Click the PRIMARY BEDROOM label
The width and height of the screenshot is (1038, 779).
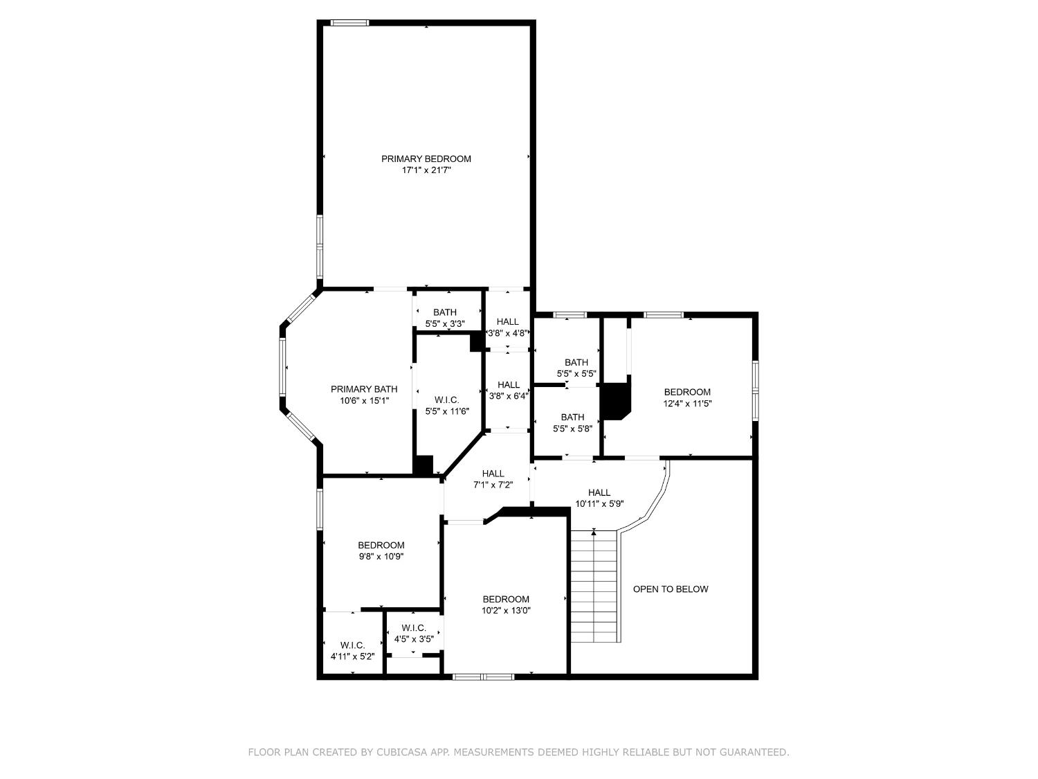[x=426, y=159]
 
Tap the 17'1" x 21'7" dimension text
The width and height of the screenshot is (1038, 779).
[x=426, y=170]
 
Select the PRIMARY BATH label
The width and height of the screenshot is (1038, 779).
[x=364, y=389]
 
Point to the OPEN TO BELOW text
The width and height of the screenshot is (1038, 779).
[x=671, y=589]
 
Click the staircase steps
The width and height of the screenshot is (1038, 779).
[x=594, y=586]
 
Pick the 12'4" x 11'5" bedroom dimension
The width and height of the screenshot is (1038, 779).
[x=688, y=404]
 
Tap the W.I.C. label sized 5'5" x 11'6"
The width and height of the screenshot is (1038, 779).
[x=447, y=400]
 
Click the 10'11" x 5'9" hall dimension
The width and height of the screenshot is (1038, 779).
[x=599, y=504]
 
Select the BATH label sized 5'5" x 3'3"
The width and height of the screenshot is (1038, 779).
[x=445, y=313]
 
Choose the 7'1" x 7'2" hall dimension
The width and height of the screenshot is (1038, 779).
[x=493, y=485]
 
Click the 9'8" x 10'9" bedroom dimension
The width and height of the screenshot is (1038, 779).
[x=381, y=557]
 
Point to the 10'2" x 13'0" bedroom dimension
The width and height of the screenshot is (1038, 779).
[x=506, y=611]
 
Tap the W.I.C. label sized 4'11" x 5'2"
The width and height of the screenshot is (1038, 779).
[x=352, y=645]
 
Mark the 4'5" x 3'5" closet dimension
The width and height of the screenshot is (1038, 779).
[x=414, y=639]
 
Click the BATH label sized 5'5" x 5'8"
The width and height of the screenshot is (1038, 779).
[x=573, y=417]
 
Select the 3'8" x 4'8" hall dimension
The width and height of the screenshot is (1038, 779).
[x=508, y=333]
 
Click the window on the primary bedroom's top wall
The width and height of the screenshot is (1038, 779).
[x=349, y=22]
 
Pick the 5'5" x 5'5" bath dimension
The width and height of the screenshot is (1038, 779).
[x=576, y=374]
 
